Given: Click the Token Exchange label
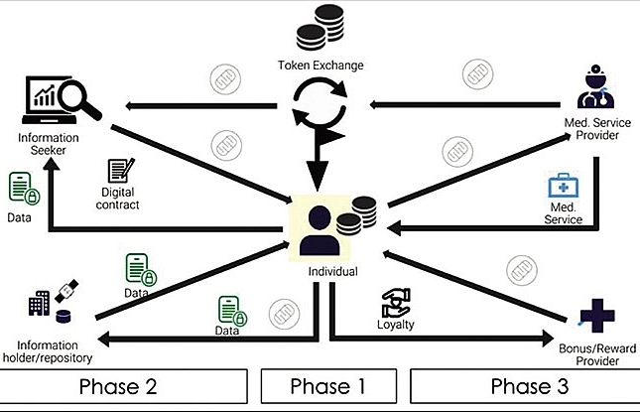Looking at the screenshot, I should (x=321, y=67).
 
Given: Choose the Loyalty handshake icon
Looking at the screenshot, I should (x=396, y=301).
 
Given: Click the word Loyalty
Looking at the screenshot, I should (x=396, y=324).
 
